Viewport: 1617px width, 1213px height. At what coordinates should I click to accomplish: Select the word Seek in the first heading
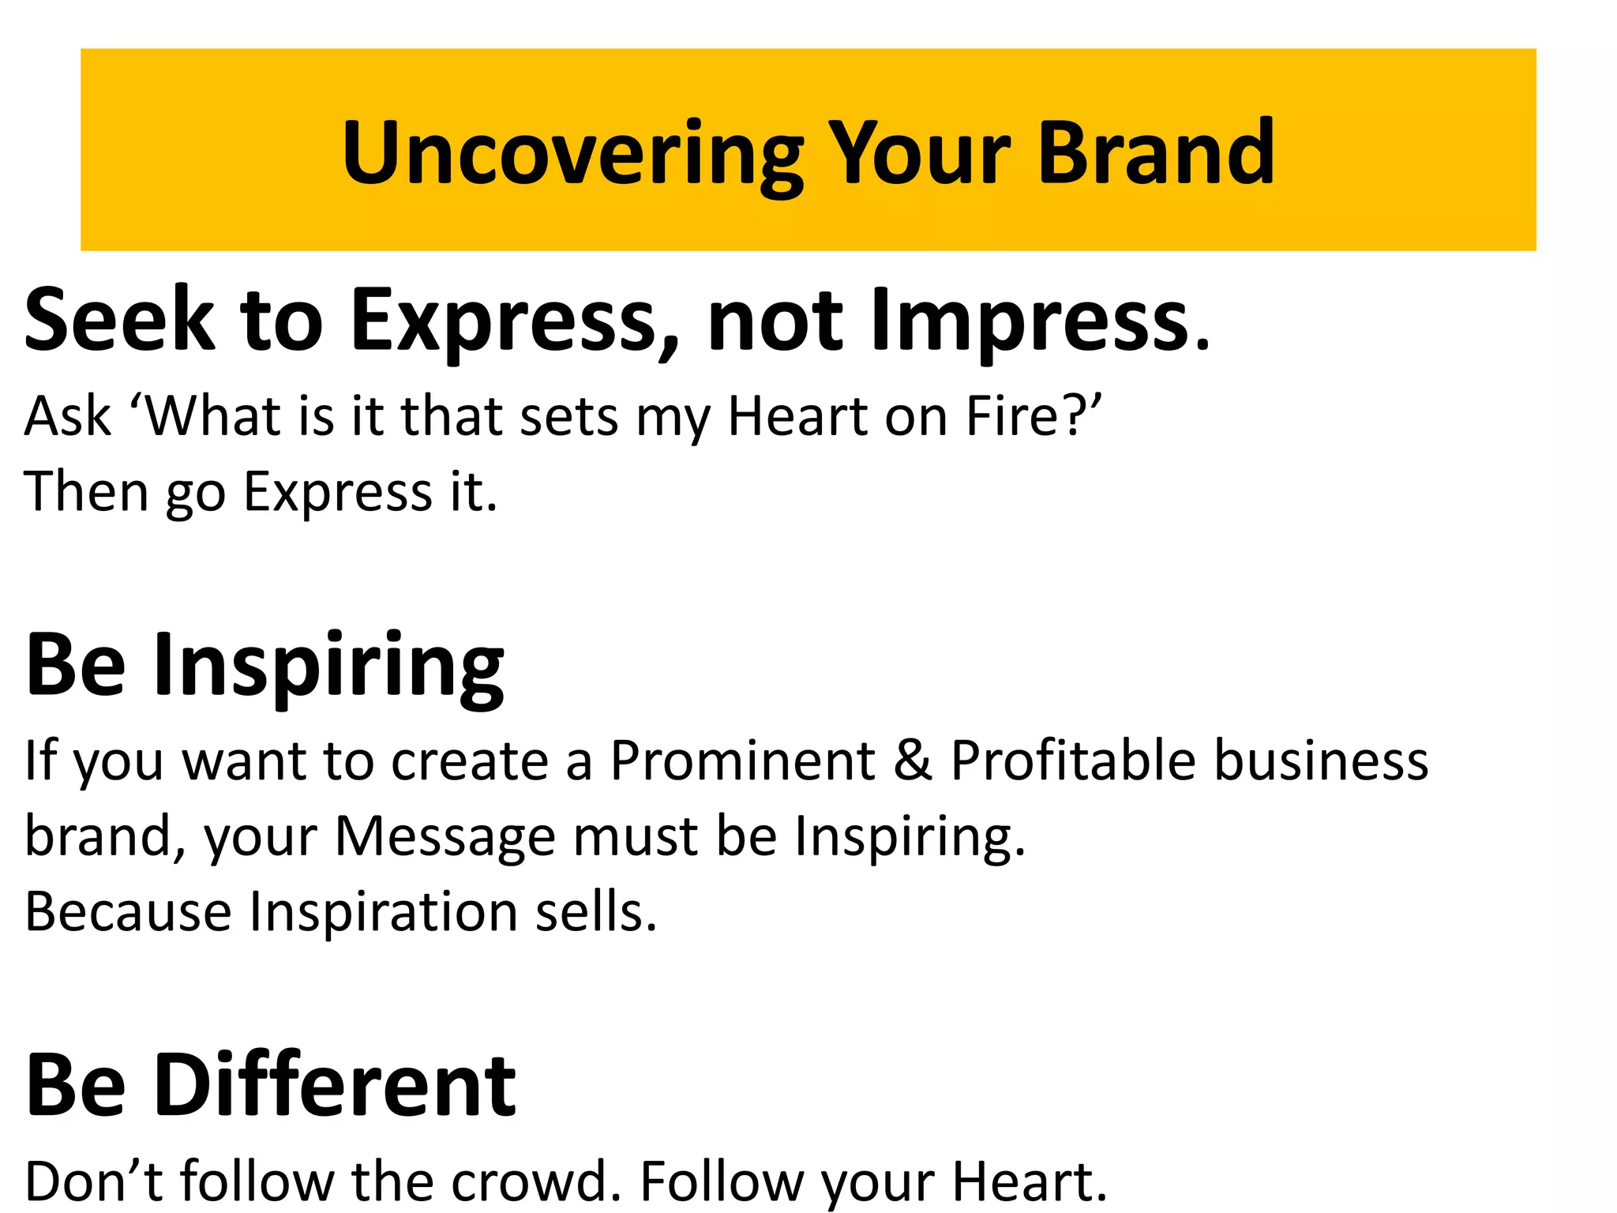coord(119,320)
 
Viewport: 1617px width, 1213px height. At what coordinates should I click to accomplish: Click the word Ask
coord(67,416)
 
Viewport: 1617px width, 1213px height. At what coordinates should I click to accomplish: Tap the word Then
coord(86,492)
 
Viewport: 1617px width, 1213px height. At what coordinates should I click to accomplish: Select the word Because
coord(128,912)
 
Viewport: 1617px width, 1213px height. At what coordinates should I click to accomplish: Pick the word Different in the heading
coord(335,1086)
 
